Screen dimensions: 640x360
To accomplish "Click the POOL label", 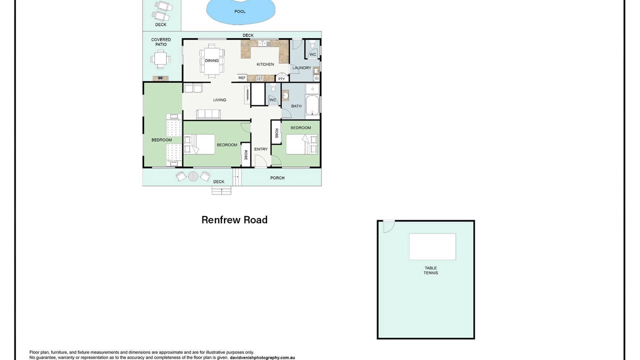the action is click(x=239, y=11).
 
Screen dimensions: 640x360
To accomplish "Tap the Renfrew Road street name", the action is click(x=234, y=219).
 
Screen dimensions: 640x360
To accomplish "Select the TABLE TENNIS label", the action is click(x=430, y=270).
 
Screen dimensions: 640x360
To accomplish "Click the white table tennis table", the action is click(x=432, y=247).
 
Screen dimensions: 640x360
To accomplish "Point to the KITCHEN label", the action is click(x=265, y=64).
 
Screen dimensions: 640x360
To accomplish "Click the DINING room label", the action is click(x=211, y=60).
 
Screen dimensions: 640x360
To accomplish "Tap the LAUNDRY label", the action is click(x=301, y=67).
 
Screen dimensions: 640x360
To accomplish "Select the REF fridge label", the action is click(x=241, y=77).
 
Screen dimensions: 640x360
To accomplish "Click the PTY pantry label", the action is click(x=281, y=79).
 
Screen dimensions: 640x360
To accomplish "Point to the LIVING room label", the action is click(x=219, y=100).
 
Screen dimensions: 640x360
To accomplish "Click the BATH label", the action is click(x=296, y=106).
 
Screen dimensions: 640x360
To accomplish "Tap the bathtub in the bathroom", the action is click(x=312, y=105).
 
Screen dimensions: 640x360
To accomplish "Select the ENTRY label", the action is click(x=261, y=149).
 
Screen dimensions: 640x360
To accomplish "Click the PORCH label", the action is click(x=277, y=177).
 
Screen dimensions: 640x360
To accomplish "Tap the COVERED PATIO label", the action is click(x=161, y=42).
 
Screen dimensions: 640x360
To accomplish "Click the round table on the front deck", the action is click(x=193, y=176).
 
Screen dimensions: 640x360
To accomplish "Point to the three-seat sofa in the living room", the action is click(x=208, y=114).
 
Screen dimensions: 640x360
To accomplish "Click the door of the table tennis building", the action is click(x=389, y=226).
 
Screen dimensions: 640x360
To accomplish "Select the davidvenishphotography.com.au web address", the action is click(x=262, y=357).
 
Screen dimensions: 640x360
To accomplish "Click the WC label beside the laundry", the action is click(x=312, y=54).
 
